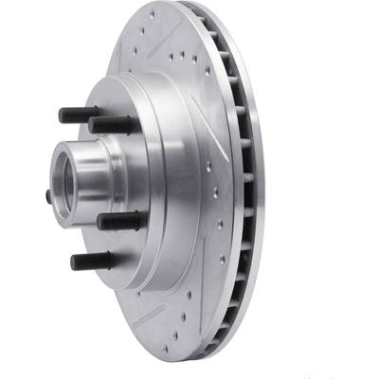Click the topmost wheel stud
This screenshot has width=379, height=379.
click(x=81, y=116)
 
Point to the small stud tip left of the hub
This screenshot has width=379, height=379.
click(x=48, y=196)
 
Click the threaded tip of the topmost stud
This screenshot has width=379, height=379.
click(x=63, y=115)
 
